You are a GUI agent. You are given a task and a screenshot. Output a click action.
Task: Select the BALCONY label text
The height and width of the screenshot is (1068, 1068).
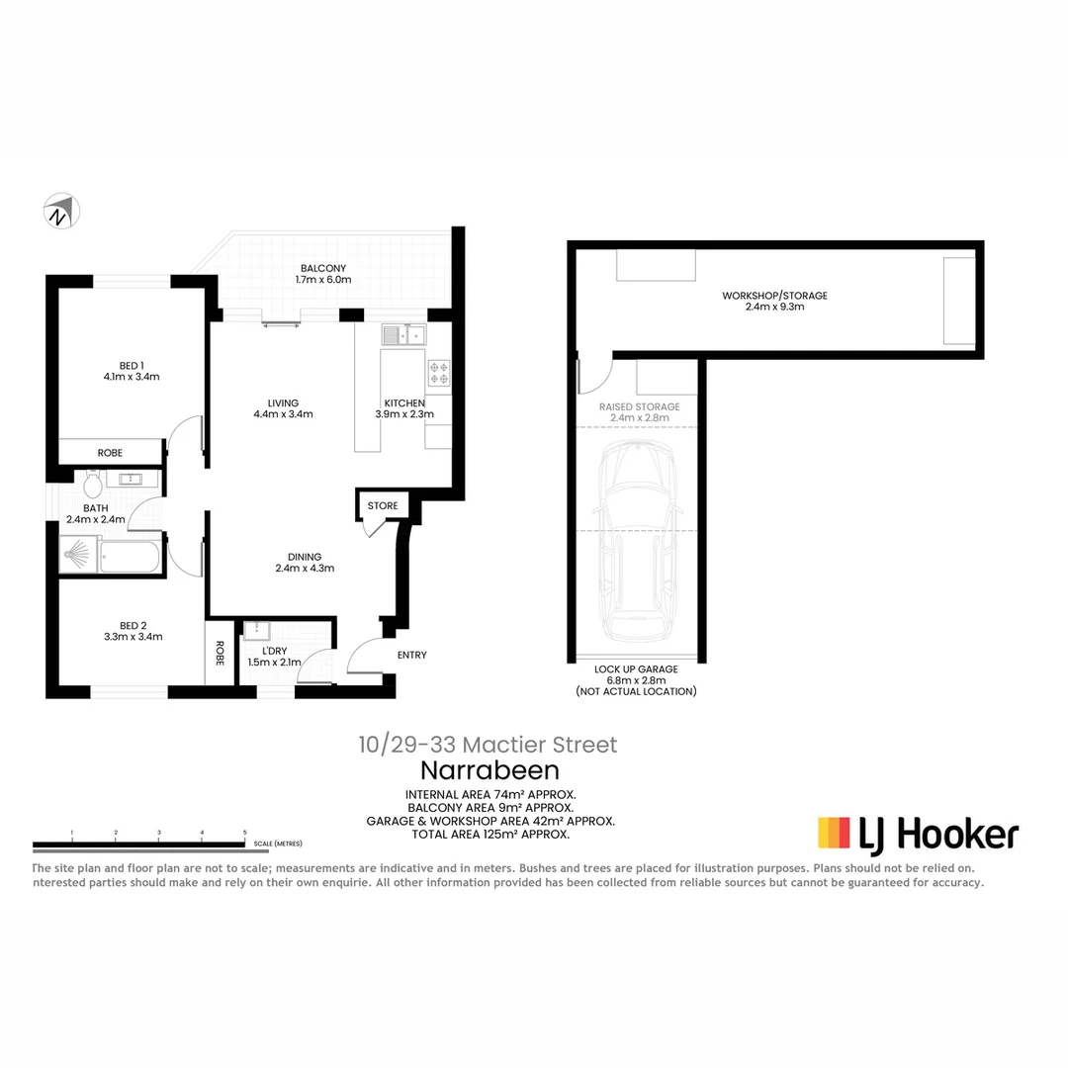point(322,268)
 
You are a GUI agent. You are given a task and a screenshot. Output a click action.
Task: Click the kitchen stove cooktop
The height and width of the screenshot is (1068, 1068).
point(438,372)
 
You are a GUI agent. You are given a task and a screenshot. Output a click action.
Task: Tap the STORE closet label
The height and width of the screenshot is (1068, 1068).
point(383,506)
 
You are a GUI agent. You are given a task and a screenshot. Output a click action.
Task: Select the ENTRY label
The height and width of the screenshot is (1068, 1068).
point(412,656)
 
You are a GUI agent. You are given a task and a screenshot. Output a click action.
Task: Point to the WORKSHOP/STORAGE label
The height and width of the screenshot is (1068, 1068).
point(774,296)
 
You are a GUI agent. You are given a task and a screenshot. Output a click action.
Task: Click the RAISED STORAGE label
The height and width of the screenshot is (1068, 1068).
point(639,406)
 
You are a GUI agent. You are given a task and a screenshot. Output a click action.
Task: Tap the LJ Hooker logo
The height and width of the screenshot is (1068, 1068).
point(918,834)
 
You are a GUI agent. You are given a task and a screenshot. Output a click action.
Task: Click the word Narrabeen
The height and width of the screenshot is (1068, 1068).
point(489,770)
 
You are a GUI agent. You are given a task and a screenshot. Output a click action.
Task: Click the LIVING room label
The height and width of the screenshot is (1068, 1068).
point(282,403)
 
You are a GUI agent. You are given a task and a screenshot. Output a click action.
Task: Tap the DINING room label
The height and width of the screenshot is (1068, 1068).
point(305,557)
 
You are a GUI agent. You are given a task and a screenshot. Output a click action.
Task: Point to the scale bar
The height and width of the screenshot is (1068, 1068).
point(139,845)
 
